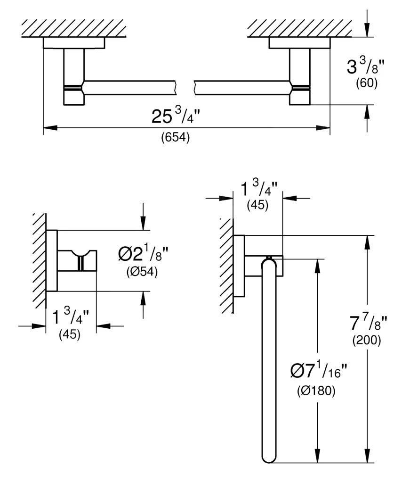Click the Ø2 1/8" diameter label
point(143,255)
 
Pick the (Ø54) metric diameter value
point(141,272)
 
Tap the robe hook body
point(77,261)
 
